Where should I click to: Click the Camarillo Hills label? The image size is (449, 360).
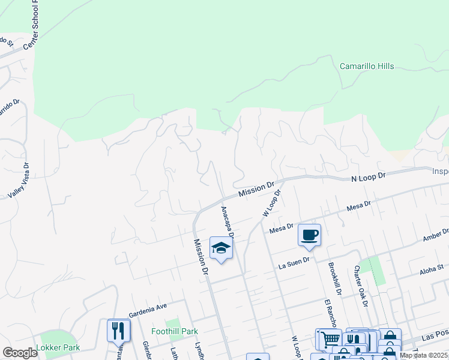[367, 66]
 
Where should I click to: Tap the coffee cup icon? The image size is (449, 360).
[309, 235]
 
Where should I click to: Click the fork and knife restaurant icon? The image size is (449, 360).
[118, 329]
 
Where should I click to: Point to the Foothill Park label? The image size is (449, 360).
[175, 331]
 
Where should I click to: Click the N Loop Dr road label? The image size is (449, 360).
[369, 178]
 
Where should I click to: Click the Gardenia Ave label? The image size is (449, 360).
[147, 308]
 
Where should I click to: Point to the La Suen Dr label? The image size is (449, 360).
[294, 260]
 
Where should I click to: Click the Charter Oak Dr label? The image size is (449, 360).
[360, 286]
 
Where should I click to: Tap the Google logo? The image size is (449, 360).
[20, 352]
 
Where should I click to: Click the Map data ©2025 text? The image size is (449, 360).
[423, 355]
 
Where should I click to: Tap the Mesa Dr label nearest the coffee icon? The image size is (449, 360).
[281, 227]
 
